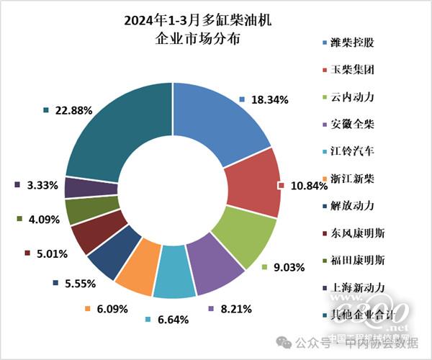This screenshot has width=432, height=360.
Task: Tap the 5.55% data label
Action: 75,283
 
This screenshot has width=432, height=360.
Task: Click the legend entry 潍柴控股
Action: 351,42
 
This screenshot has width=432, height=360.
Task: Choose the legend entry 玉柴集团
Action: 351,70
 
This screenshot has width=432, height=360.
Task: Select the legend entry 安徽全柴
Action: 351,124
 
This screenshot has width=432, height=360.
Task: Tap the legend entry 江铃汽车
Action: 351,151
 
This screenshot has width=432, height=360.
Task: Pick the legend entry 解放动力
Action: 351,205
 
